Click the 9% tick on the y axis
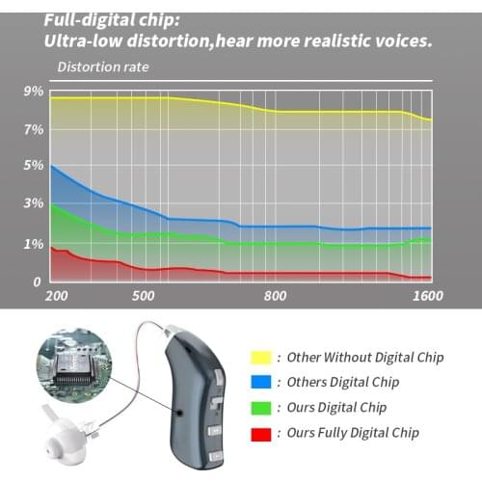pyautogui.click(x=33, y=92)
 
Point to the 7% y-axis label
pyautogui.click(x=33, y=129)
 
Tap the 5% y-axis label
pyautogui.click(x=33, y=166)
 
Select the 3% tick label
pyautogui.click(x=33, y=204)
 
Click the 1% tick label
pyautogui.click(x=33, y=244)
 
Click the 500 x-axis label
pyautogui.click(x=143, y=296)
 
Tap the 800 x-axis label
pyautogui.click(x=276, y=296)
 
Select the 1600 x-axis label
pyautogui.click(x=425, y=296)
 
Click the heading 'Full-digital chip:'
pyautogui.click(x=113, y=18)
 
